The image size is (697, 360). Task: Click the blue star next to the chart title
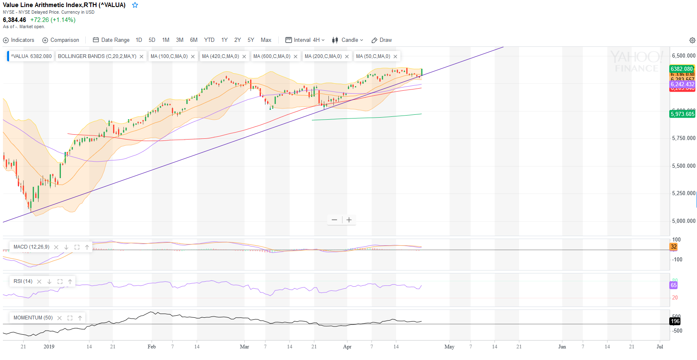pyautogui.click(x=135, y=5)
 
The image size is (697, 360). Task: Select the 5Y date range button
pyautogui.click(x=251, y=40)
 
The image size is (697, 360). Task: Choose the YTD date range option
pyautogui.click(x=209, y=40)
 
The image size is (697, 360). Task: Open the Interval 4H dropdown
pyautogui.click(x=305, y=40)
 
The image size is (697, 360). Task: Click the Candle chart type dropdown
pyautogui.click(x=347, y=40)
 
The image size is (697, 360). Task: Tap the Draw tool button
pyautogui.click(x=381, y=40)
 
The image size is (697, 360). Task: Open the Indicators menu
pyautogui.click(x=19, y=40)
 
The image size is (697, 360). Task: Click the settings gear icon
pyautogui.click(x=692, y=40)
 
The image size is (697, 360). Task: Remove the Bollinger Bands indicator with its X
pyautogui.click(x=142, y=57)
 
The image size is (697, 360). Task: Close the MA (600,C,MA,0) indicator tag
pyautogui.click(x=296, y=57)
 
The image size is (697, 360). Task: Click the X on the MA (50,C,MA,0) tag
pyautogui.click(x=396, y=57)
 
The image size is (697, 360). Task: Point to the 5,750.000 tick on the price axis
pyautogui.click(x=683, y=138)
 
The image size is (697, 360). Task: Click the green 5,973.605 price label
pyautogui.click(x=682, y=114)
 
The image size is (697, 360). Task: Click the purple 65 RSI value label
pyautogui.click(x=674, y=285)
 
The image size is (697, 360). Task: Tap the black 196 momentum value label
pyautogui.click(x=675, y=321)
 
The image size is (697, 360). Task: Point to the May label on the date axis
pyautogui.click(x=449, y=347)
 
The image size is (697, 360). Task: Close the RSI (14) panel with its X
pyautogui.click(x=39, y=282)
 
